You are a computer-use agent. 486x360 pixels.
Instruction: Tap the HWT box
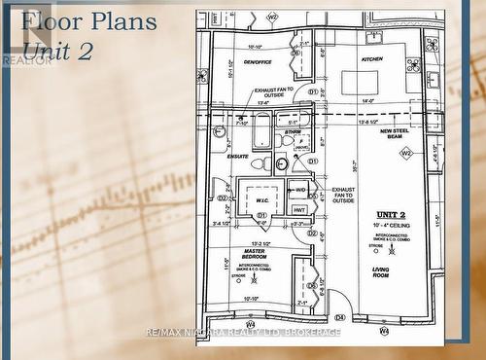pyautogui.click(x=299, y=209)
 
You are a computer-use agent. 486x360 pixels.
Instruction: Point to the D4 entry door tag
pyautogui.click(x=340, y=317)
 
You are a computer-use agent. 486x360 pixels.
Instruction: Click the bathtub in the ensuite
pyautogui.click(x=262, y=130)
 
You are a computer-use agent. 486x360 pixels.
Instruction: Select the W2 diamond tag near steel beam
pyautogui.click(x=406, y=153)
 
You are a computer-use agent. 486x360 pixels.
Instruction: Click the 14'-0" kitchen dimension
pyautogui.click(x=367, y=101)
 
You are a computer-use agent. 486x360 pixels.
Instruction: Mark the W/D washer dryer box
pyautogui.click(x=300, y=189)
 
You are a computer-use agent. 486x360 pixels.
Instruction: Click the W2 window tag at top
pyautogui.click(x=272, y=17)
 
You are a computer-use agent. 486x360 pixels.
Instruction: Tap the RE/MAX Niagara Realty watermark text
pyautogui.click(x=243, y=332)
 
